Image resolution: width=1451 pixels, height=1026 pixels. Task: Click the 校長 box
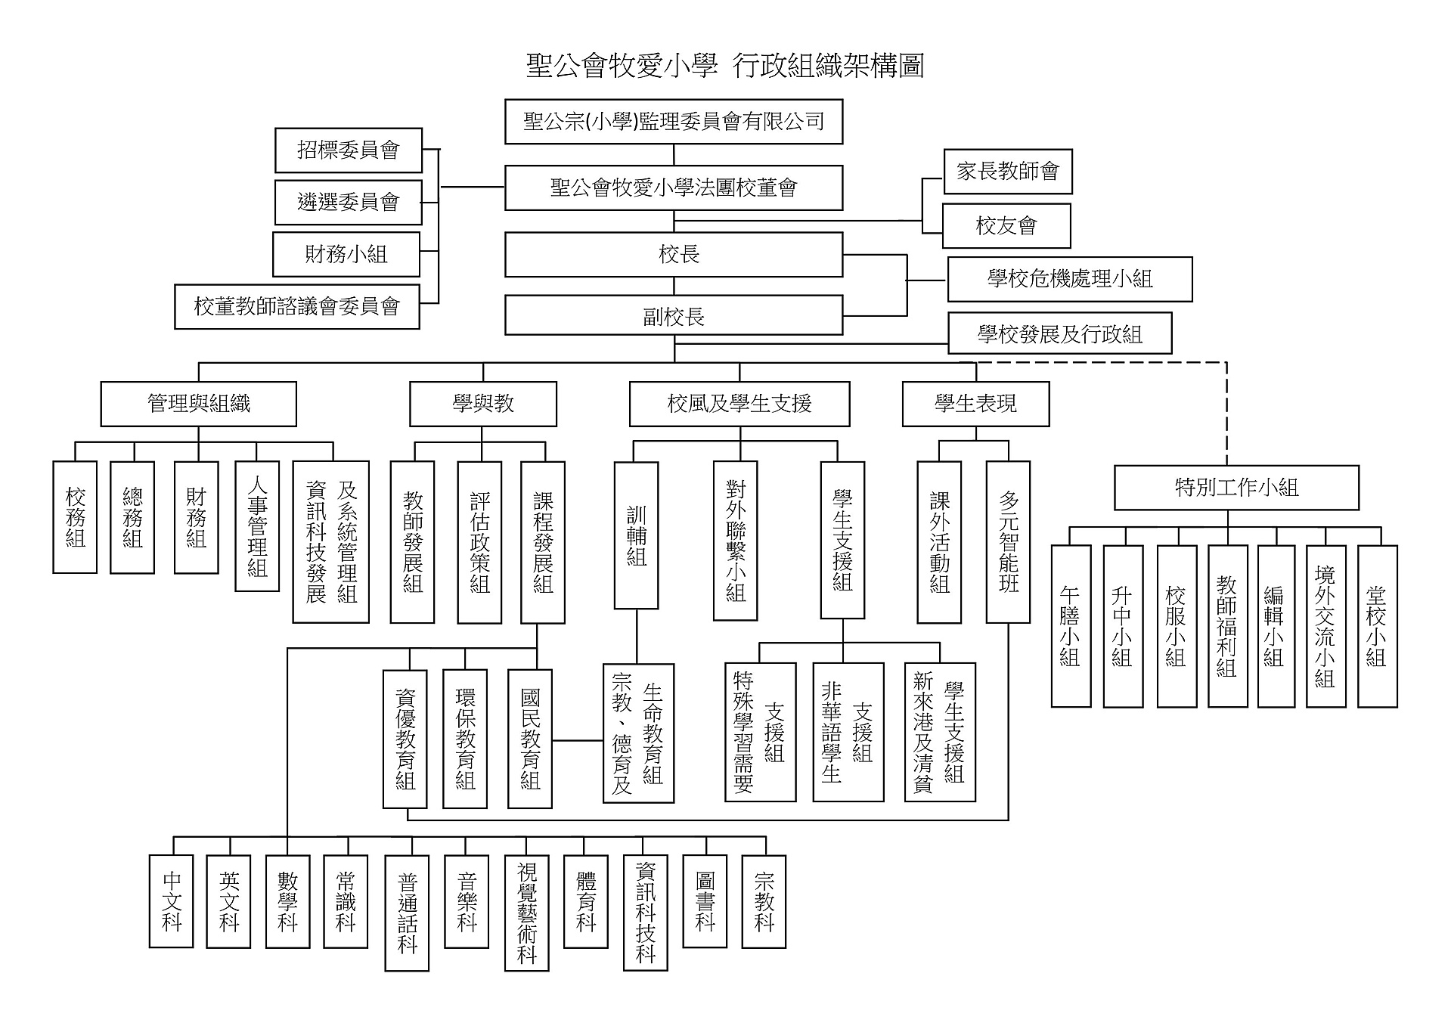pos(673,255)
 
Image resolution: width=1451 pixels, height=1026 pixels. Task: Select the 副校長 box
pos(673,316)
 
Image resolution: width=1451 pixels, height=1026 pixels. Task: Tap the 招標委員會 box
pos(348,150)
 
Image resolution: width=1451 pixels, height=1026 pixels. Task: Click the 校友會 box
pos(1006,226)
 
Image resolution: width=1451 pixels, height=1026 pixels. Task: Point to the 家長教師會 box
pos(1007,172)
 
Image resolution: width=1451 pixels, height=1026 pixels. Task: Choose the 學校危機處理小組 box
pos(1069,279)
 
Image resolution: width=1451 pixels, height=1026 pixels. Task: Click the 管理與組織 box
pos(198,404)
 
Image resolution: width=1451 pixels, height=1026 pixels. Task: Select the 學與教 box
pos(482,404)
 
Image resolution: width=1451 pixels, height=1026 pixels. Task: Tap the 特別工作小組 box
pos(1236,488)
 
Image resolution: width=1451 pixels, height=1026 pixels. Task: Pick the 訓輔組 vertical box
pos(636,535)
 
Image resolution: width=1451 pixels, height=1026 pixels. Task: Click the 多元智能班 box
pos(1008,541)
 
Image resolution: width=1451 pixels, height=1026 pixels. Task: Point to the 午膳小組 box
pos(1070,626)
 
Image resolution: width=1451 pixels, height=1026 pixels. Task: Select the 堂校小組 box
pos(1377,626)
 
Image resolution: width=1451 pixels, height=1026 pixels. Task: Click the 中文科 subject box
pos(172,901)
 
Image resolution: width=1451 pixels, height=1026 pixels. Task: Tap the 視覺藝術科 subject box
pos(526,913)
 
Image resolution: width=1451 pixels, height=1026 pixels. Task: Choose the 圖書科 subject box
pos(704,901)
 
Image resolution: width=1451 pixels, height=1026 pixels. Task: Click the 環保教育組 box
pos(464,739)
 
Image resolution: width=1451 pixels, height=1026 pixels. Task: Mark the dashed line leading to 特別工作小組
pos(1226,412)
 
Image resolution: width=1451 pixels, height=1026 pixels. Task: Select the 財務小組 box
pos(346,255)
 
